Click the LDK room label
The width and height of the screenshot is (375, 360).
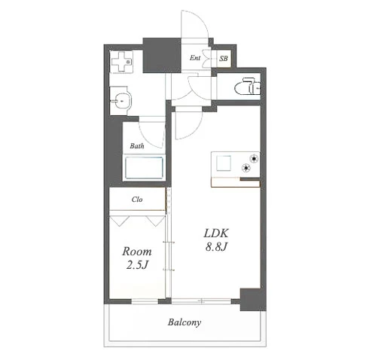pos(216,233)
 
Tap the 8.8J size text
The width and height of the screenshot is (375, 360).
pos(216,247)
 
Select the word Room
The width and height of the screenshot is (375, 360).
pos(137,252)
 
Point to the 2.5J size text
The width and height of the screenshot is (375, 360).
pos(137,265)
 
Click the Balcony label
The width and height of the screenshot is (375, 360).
pos(184,322)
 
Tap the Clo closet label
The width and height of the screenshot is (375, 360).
pos(137,200)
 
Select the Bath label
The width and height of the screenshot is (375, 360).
pos(137,146)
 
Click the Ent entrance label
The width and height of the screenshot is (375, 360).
pos(195,58)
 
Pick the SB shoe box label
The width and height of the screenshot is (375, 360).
pos(224,59)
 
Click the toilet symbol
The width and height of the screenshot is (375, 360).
pos(248,87)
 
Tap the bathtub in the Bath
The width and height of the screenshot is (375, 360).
pos(144,167)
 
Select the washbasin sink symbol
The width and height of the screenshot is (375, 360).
pos(122,101)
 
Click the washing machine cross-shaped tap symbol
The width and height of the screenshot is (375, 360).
pos(121,62)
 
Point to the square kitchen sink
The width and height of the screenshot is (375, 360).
pos(224,163)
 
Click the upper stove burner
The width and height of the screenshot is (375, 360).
pos(254,159)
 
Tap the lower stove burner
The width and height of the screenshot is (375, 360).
pos(246,168)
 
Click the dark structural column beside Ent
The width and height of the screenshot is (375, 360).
pos(162,56)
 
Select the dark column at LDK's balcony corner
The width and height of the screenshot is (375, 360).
pos(253,300)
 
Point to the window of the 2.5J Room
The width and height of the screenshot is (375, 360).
pos(145,301)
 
